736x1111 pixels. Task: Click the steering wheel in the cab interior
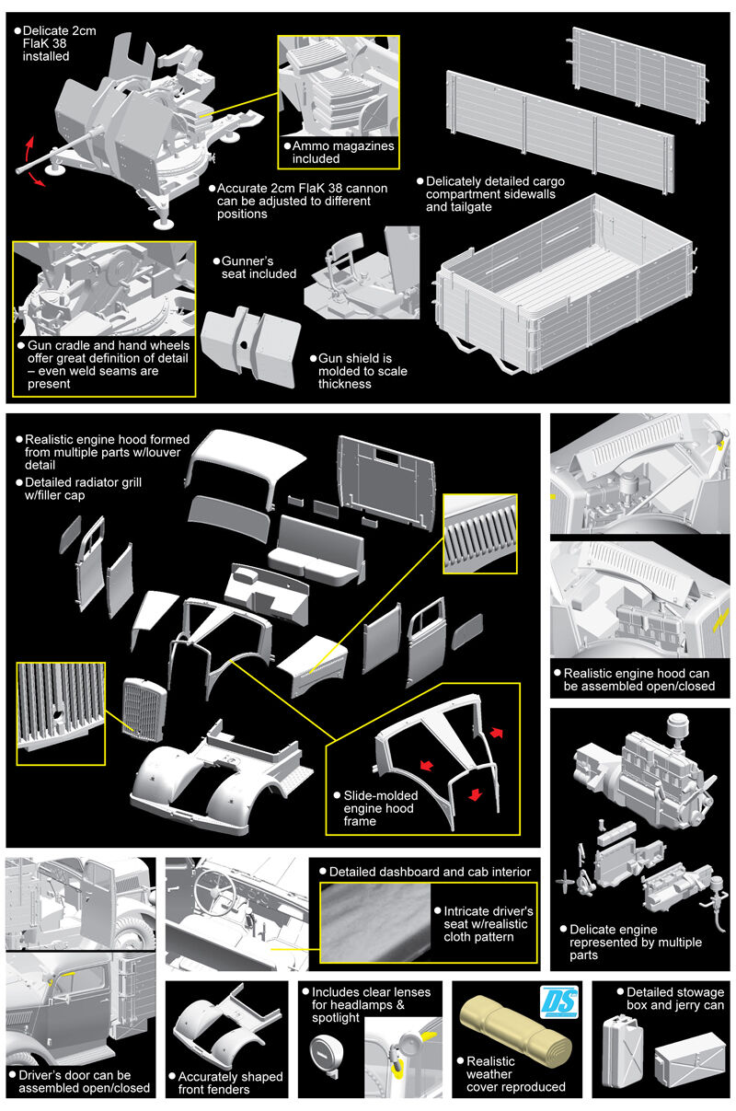pos(219,890)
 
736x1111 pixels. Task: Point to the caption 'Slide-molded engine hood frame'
pos(373,807)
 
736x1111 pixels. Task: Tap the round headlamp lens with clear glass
pos(325,1048)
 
